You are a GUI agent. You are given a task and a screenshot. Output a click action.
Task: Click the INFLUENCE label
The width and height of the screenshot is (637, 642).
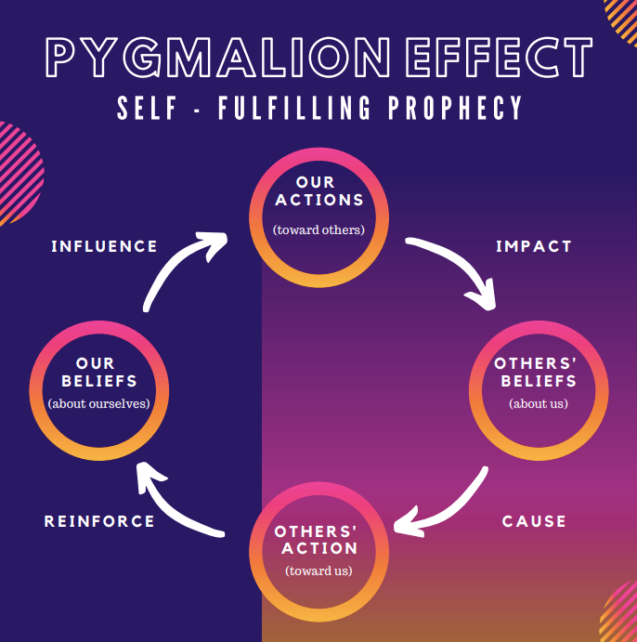(104, 246)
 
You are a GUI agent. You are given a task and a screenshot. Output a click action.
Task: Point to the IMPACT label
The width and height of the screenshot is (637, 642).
(533, 246)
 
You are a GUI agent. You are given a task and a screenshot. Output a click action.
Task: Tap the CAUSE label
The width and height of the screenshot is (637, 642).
(534, 521)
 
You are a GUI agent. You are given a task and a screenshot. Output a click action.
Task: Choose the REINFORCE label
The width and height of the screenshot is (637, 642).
(99, 521)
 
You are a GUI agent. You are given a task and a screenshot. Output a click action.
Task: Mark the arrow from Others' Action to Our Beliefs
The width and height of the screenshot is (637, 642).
(176, 506)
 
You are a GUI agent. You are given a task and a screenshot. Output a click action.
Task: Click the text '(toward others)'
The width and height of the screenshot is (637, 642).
(318, 229)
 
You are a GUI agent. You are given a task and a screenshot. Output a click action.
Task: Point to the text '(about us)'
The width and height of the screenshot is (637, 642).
(539, 403)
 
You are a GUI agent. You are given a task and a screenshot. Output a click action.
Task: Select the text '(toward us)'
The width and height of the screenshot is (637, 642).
(318, 570)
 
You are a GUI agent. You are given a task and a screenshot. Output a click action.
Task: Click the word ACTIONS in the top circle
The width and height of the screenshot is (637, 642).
(318, 200)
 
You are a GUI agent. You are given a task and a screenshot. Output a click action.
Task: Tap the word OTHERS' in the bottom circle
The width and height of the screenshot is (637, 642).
(316, 531)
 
